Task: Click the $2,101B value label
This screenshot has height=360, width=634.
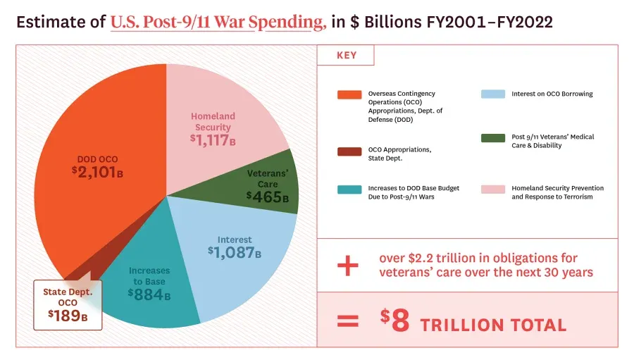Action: coord(97,171)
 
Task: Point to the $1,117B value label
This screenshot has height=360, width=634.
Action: coord(212,140)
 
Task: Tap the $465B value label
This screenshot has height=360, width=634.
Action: coord(268,197)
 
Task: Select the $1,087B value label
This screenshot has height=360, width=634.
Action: coord(234,251)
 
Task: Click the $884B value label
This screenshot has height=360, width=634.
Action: coord(149,294)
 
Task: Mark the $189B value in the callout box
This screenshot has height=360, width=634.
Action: coord(68,315)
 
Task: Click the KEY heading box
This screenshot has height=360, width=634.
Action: coord(346,56)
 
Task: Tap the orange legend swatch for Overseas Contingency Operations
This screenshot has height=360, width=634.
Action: coord(349,94)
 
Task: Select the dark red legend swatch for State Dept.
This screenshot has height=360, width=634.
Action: coord(349,151)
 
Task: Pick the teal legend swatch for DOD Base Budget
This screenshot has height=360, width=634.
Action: coord(349,190)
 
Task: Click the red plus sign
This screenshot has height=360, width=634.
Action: coord(347,266)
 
